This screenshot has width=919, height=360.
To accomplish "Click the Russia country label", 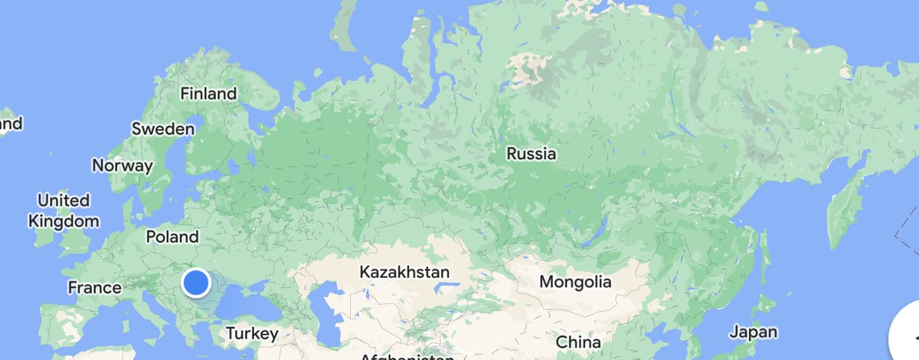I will pos(531,154).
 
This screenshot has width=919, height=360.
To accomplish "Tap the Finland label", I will pos(208,94).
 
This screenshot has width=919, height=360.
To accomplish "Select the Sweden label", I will pos(163,129).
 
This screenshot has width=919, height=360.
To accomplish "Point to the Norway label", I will pos(123,165).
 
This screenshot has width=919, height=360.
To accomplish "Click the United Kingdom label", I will pos(64,211).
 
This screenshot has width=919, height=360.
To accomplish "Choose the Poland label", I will pos(172,237).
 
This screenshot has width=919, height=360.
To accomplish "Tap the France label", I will pos(95,288).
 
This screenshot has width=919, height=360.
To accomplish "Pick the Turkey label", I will pos(251,334).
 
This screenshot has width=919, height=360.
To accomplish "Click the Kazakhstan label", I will pos(404,272).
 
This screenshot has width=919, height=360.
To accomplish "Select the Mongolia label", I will pos(576,282).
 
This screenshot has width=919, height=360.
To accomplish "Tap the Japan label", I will pos(753,332).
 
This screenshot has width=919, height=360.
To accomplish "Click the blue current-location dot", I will pos(197,283).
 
